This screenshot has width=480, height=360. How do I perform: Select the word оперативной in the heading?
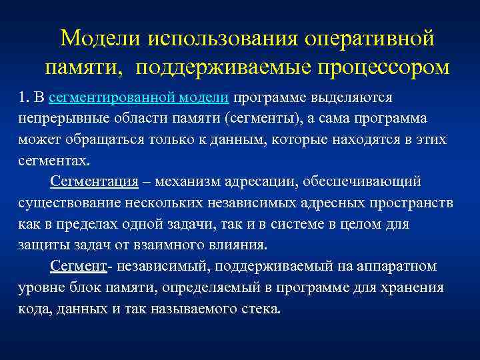coord(369,38)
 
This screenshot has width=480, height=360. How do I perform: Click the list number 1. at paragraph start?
coord(25,97)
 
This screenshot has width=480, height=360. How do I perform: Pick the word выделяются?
coord(360,97)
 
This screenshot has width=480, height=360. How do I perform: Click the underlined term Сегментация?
coord(94,182)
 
